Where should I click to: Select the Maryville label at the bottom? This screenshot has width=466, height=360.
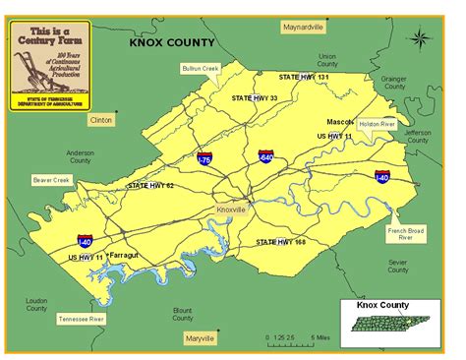(x=201, y=338)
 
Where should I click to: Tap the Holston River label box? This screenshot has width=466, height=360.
(x=377, y=124)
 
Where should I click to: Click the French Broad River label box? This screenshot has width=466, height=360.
(x=405, y=235)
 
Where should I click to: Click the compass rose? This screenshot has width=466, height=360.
(x=420, y=40)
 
